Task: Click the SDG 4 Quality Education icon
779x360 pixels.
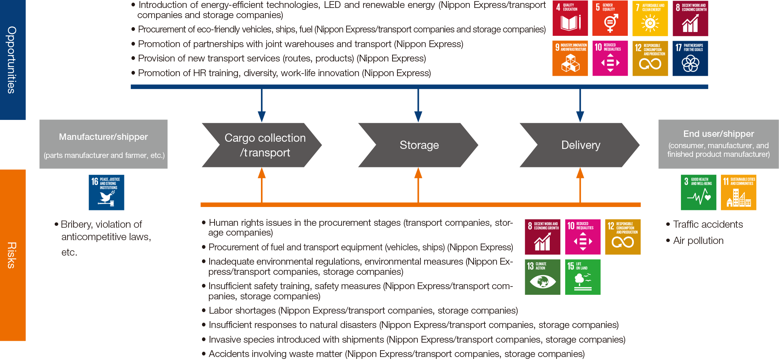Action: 570,18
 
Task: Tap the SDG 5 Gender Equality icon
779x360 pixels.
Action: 610,18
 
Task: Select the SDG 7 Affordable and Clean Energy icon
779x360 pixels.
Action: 650,18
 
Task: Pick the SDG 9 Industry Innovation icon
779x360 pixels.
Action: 570,58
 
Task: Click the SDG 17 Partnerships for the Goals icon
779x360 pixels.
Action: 690,58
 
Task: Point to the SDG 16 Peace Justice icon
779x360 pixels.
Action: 106,192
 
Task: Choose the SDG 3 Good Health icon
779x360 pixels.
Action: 698,192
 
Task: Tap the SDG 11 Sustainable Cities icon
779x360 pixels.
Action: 738,192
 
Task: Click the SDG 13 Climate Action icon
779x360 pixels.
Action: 543,277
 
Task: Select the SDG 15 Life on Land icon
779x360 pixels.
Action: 583,277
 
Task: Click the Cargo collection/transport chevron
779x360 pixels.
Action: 262,145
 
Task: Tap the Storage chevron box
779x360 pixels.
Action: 418,145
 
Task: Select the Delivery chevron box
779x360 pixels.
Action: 580,145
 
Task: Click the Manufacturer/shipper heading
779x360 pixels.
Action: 103,137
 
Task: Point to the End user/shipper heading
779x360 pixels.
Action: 719,134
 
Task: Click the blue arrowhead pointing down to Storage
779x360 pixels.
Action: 418,116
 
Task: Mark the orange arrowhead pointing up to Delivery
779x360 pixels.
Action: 580,173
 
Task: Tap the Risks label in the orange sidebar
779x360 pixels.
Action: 12,255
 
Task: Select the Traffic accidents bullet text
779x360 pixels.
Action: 708,225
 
